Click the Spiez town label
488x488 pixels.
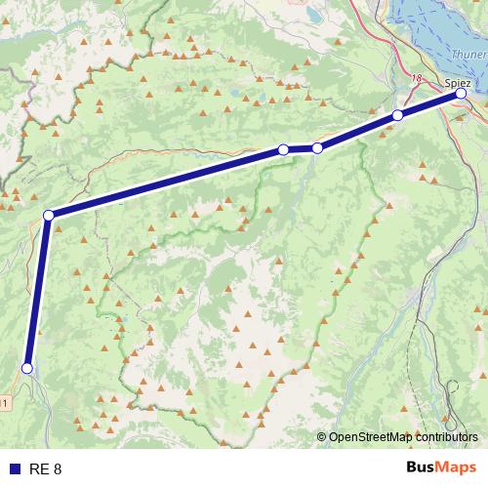tap(458, 82)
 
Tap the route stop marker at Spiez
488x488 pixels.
tap(461, 95)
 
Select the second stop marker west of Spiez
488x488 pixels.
tap(317, 148)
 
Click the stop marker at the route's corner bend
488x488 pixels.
tap(48, 215)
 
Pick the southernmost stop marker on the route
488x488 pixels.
tap(27, 368)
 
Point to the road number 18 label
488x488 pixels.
tap(418, 78)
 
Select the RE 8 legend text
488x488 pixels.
tap(45, 468)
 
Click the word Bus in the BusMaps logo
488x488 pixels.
tap(421, 468)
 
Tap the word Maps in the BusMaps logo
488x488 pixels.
tap(456, 468)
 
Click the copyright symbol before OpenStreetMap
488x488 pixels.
tap(322, 437)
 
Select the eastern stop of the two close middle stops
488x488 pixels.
tap(317, 148)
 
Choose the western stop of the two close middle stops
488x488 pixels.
tap(283, 149)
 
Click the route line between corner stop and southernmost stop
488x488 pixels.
tap(37, 293)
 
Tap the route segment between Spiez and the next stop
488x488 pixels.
tap(429, 105)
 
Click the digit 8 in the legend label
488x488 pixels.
tap(57, 468)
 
